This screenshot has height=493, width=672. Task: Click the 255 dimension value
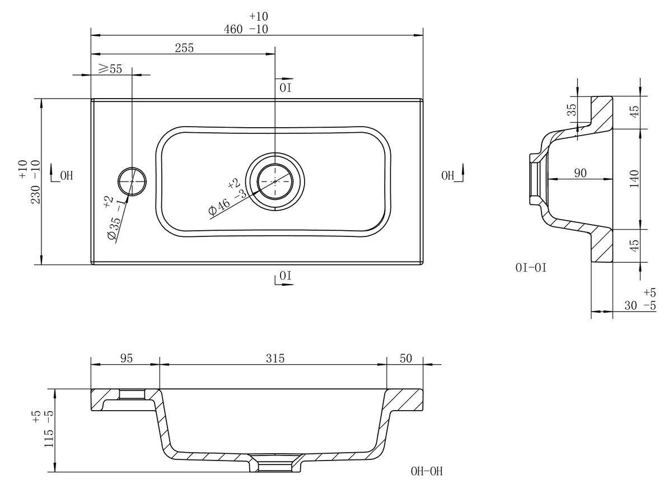click(184, 48)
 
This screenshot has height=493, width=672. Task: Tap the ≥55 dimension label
click(110, 69)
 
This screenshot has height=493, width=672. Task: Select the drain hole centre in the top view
click(275, 181)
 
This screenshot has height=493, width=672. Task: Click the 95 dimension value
click(127, 359)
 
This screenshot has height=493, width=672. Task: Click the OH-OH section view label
click(426, 471)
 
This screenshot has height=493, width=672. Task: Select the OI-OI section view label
click(531, 268)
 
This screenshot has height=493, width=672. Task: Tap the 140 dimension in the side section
click(634, 179)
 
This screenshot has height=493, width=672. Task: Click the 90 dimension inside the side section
click(580, 173)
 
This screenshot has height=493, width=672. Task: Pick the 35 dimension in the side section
click(572, 110)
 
